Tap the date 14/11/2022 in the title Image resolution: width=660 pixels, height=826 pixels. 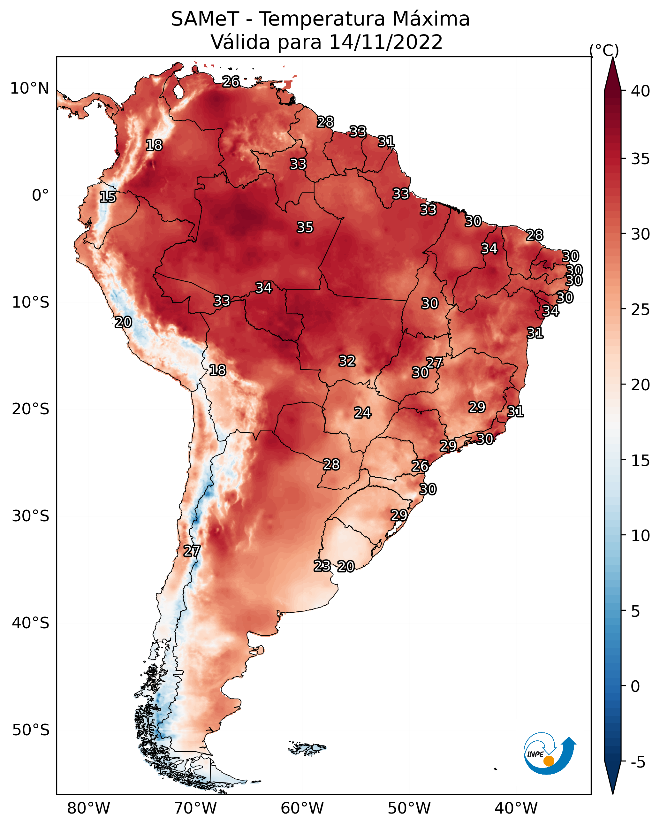point(386,42)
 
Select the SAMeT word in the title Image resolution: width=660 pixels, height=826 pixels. point(205,19)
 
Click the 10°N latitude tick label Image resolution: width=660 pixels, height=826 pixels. point(29,88)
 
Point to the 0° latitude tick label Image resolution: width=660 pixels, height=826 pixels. point(40,195)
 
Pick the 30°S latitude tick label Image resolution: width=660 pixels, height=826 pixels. point(31,516)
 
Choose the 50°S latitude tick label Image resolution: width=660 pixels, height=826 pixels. point(31,730)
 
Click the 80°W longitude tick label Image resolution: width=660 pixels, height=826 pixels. point(88,808)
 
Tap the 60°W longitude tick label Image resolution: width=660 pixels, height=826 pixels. point(302,808)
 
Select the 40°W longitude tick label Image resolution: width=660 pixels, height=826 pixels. point(516,808)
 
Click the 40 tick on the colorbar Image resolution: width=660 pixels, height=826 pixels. point(641,91)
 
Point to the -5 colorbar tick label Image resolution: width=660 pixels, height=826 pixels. point(638,762)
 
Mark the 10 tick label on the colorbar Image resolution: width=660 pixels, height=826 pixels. point(641,536)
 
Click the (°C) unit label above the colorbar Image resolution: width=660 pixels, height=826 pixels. point(604,50)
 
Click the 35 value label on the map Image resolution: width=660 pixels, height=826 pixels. point(305,227)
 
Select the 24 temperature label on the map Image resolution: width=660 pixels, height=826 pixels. point(362,413)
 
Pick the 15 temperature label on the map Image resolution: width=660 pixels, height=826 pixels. point(108,197)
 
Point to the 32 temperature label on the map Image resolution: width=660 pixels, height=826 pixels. point(347,361)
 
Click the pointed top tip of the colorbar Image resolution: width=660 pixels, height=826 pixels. point(612,57)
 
